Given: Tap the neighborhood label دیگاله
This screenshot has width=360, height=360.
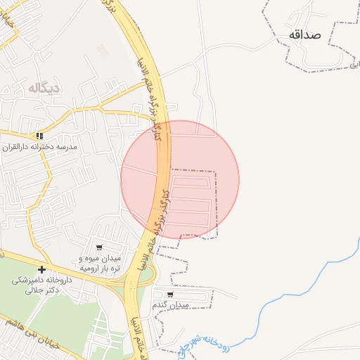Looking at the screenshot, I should (44, 88).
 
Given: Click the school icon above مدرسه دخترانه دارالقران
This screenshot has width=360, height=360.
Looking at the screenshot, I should (40, 135).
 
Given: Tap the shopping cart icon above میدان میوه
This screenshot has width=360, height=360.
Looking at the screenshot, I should (99, 247).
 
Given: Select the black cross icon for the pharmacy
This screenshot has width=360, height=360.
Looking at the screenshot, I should (42, 269).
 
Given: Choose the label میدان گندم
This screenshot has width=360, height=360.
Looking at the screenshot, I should (171, 306).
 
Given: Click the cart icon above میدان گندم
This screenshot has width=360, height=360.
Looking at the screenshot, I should (170, 295).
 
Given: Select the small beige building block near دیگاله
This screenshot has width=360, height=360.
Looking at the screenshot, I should (103, 51).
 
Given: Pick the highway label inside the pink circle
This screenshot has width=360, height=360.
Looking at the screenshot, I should (160, 211).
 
